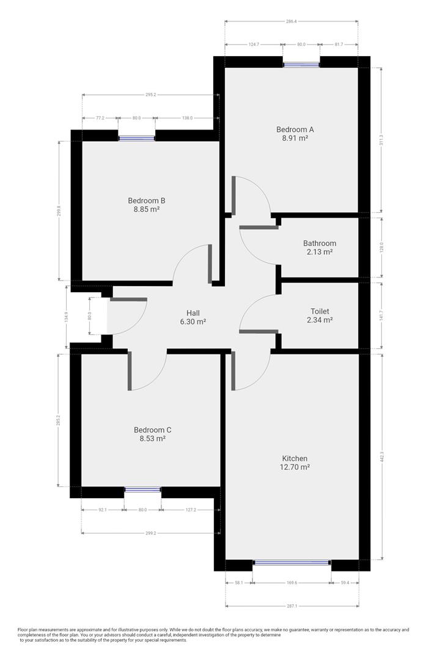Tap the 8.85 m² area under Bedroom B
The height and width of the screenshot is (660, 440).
[x=146, y=210]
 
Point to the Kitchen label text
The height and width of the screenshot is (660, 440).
[x=295, y=458]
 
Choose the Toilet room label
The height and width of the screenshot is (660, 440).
[x=320, y=311]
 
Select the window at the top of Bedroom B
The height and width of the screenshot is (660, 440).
[x=136, y=138]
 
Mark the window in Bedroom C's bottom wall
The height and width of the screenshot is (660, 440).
[x=142, y=490]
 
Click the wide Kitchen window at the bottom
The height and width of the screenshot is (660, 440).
[x=292, y=562]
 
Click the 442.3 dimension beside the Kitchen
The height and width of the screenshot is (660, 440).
[x=383, y=455]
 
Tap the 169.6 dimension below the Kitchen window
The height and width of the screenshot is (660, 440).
[x=291, y=583]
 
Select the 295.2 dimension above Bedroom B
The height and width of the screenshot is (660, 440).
[x=151, y=95]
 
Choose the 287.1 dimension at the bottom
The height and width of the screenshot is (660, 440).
[x=291, y=606]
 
